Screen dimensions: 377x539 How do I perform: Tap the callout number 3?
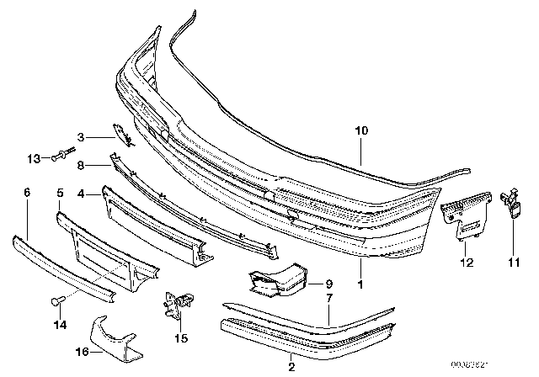coord(81,136)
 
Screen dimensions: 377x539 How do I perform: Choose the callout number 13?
coord(34,157)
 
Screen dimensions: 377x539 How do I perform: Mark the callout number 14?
coord(57,323)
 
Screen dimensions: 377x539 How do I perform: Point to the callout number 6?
coord(27,193)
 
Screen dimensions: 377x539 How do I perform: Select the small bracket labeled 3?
coord(119,133)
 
